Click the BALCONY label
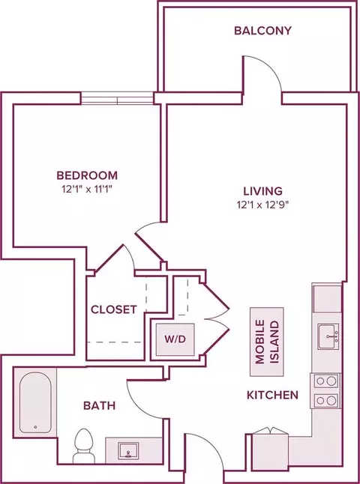(x=262, y=31)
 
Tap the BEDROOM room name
(x=87, y=175)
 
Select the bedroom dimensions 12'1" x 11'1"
(x=87, y=190)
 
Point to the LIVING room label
(x=263, y=191)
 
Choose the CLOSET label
(x=114, y=309)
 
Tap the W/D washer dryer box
(x=175, y=339)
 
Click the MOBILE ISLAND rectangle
(x=267, y=342)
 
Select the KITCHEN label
(x=272, y=395)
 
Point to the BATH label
(x=100, y=405)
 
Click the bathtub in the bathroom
(x=35, y=402)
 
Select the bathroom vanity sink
(x=128, y=450)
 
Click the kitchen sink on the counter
(x=328, y=336)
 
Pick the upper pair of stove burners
(x=326, y=381)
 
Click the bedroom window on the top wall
(x=117, y=98)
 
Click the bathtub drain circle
(x=35, y=427)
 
